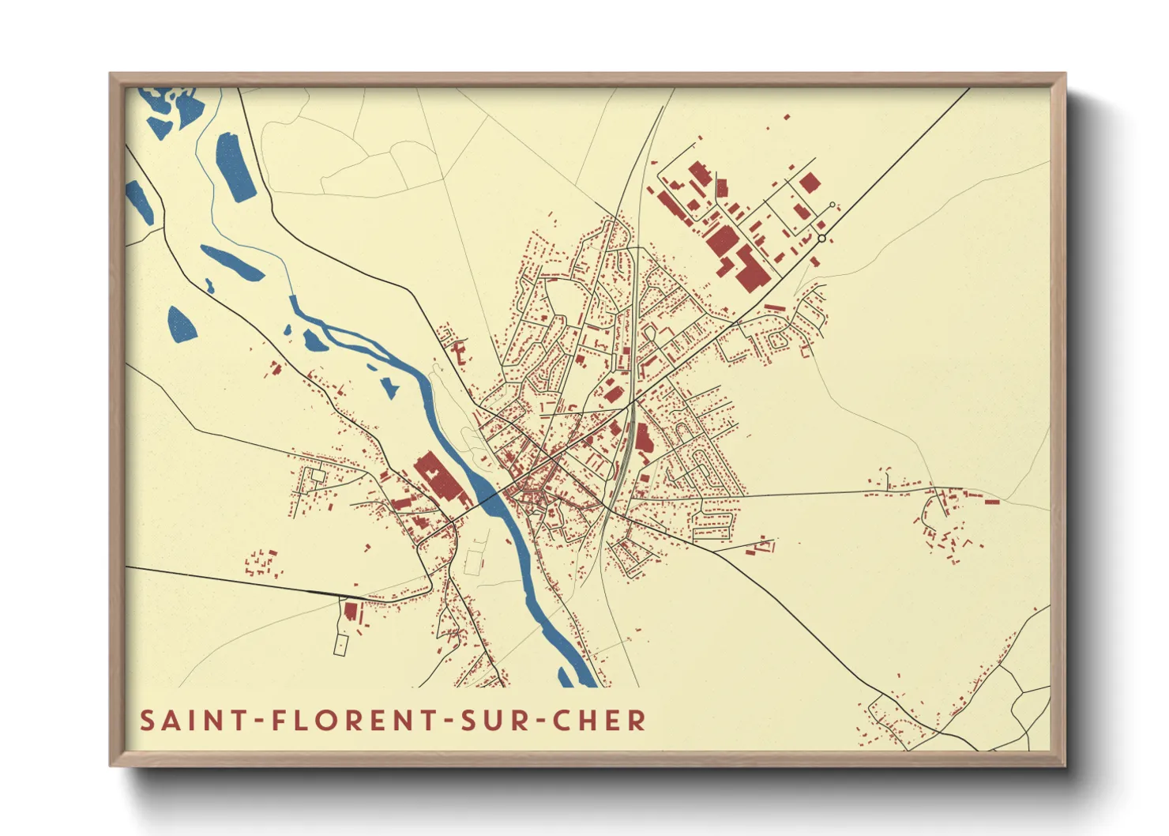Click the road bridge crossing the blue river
coord(491,497)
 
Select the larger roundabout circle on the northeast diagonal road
coord(821,238)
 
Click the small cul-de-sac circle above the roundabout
coord(832,205)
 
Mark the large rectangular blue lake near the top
coord(235,167)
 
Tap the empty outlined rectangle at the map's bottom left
coord(340,644)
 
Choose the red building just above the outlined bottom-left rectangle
coord(350,611)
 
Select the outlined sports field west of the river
coord(473,562)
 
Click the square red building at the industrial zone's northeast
coord(810,183)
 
